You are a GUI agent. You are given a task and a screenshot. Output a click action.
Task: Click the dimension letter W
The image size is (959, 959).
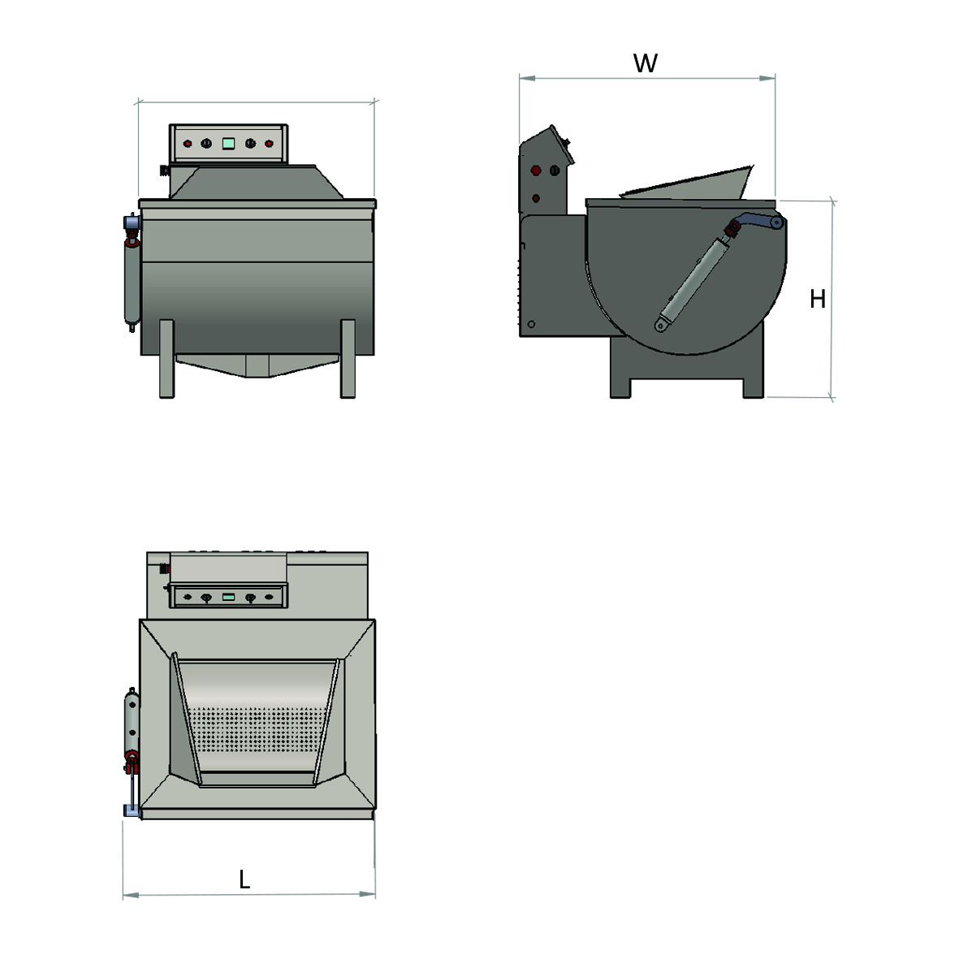pyautogui.click(x=646, y=63)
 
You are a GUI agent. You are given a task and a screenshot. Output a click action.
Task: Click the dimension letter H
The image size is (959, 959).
pyautogui.click(x=818, y=299)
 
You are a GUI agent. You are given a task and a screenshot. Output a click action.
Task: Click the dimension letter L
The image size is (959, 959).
pyautogui.click(x=244, y=879)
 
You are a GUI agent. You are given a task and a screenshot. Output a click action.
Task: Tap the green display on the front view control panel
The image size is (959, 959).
pyautogui.click(x=228, y=144)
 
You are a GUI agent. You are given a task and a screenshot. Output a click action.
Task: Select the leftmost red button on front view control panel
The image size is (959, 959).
pyautogui.click(x=188, y=144)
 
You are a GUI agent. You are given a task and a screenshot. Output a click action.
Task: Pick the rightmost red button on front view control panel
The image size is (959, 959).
pyautogui.click(x=269, y=144)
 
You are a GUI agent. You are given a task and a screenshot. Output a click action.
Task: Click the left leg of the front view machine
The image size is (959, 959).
pyautogui.click(x=166, y=359)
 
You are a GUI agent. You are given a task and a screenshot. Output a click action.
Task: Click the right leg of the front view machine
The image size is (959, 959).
pyautogui.click(x=348, y=359)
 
